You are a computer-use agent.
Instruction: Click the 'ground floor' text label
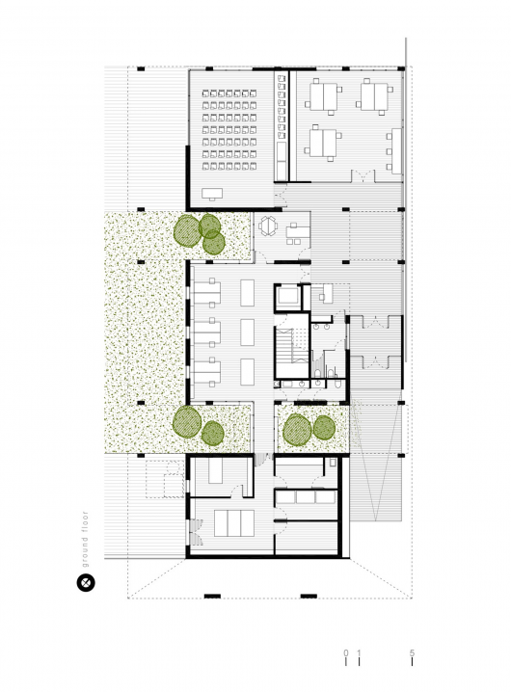point(85,539)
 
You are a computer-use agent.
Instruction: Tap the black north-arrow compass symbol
point(86,583)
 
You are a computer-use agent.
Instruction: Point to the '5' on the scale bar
point(412,653)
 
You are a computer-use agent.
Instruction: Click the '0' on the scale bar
point(346,653)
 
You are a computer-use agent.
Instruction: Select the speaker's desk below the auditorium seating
point(212,194)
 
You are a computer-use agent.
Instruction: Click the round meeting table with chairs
point(268,226)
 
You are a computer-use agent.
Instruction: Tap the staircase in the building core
point(292,345)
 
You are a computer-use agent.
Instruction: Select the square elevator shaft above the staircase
point(288,297)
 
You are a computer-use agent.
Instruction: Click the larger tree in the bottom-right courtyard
point(297,430)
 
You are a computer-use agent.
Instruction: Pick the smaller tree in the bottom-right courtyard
point(324,428)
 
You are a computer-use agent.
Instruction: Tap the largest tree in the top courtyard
point(188,230)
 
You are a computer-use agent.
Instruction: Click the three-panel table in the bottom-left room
point(234,523)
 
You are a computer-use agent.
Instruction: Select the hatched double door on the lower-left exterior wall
point(196,532)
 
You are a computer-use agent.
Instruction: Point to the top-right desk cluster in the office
point(374,96)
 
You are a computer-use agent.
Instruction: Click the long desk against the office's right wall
point(396,151)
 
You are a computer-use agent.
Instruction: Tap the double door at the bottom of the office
point(363,176)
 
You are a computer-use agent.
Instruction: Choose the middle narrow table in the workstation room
point(248,333)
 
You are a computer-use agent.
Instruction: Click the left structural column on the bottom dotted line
point(212,597)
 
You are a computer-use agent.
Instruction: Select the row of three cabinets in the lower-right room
point(306,497)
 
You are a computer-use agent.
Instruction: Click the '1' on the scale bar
point(359,653)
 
